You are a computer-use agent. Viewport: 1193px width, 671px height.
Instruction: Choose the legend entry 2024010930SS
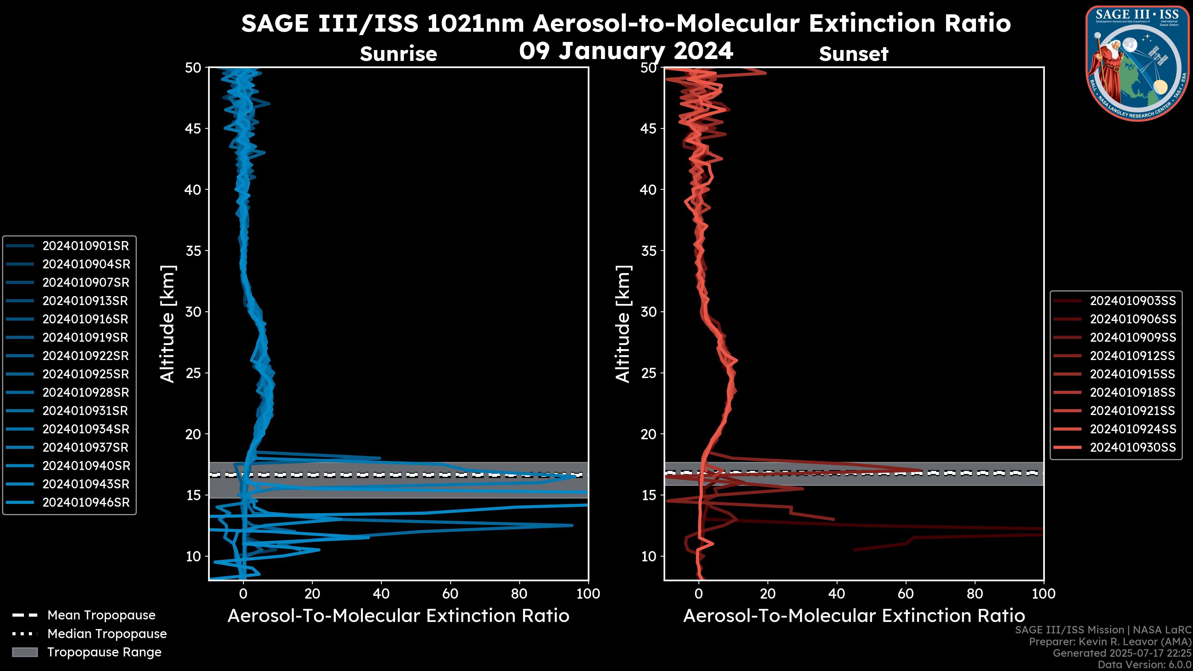(1132, 447)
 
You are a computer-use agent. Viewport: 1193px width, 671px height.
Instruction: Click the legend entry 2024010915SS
(1132, 374)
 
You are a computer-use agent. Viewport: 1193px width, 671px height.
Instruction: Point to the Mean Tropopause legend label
(101, 615)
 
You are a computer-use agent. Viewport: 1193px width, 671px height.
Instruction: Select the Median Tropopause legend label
(107, 634)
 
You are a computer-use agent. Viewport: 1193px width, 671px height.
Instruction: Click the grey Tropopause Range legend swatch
(25, 652)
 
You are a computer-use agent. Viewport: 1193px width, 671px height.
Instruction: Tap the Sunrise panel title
(398, 54)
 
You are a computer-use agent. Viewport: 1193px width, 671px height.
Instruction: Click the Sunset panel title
(853, 54)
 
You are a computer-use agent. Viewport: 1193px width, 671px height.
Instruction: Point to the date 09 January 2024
(626, 51)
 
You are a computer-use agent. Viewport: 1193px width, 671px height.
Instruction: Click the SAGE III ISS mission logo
(1137, 62)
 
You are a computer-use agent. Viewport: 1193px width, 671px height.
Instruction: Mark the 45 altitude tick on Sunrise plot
(194, 129)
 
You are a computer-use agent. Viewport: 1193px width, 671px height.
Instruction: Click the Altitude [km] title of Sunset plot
(623, 324)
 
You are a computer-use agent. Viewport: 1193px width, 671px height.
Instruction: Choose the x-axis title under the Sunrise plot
(398, 616)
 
